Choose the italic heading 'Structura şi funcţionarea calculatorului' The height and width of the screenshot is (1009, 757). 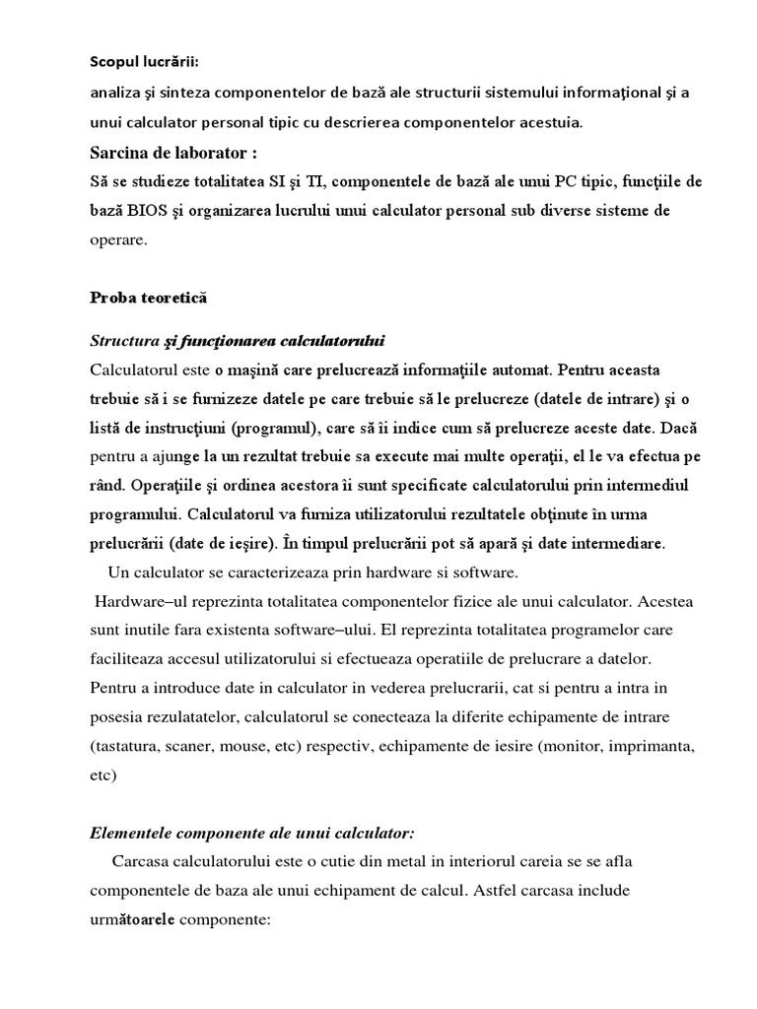237,341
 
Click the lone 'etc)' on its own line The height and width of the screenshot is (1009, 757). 103,774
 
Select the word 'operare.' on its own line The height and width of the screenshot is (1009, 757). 118,240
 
